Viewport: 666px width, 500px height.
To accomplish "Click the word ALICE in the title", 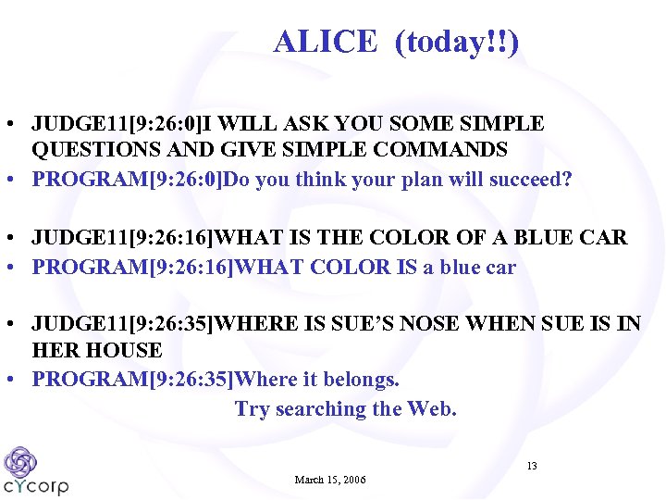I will (x=326, y=42).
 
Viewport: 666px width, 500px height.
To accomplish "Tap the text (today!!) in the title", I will (x=457, y=42).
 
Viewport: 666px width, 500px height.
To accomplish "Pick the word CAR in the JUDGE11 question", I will (x=605, y=238).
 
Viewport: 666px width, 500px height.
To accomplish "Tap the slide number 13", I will (x=531, y=465).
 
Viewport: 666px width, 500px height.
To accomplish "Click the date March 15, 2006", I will (x=330, y=480).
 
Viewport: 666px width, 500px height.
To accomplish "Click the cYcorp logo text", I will (x=36, y=485).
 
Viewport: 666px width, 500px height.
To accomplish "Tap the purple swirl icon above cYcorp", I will (x=20, y=461).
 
